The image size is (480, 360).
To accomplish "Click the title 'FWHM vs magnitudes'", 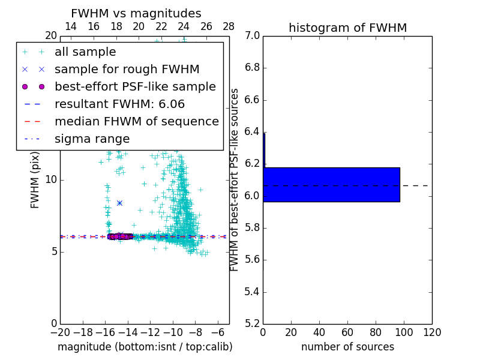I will click(x=136, y=13).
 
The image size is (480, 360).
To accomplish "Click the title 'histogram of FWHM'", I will click(x=347, y=28).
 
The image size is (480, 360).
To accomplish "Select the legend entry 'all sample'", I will click(x=78, y=52).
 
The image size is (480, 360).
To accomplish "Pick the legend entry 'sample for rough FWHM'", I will click(x=127, y=69).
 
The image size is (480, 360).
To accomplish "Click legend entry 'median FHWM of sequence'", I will click(x=136, y=121).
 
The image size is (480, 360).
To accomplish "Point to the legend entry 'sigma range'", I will click(x=92, y=139).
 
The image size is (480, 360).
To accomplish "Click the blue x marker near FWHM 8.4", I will click(x=119, y=203).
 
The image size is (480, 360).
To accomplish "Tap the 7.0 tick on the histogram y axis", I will click(x=251, y=36).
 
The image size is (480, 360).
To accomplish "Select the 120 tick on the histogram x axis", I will click(x=432, y=332).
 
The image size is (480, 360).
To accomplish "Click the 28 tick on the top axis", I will click(x=229, y=27).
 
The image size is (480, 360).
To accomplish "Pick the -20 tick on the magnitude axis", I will click(x=60, y=332).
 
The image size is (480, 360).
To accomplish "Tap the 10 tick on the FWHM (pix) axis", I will click(x=50, y=180).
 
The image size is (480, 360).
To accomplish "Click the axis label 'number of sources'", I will click(x=347, y=347).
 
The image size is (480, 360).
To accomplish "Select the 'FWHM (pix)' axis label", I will click(x=35, y=180).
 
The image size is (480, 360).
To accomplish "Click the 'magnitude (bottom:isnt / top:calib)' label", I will click(x=145, y=347).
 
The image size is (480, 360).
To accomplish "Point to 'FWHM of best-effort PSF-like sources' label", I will click(x=235, y=180).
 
